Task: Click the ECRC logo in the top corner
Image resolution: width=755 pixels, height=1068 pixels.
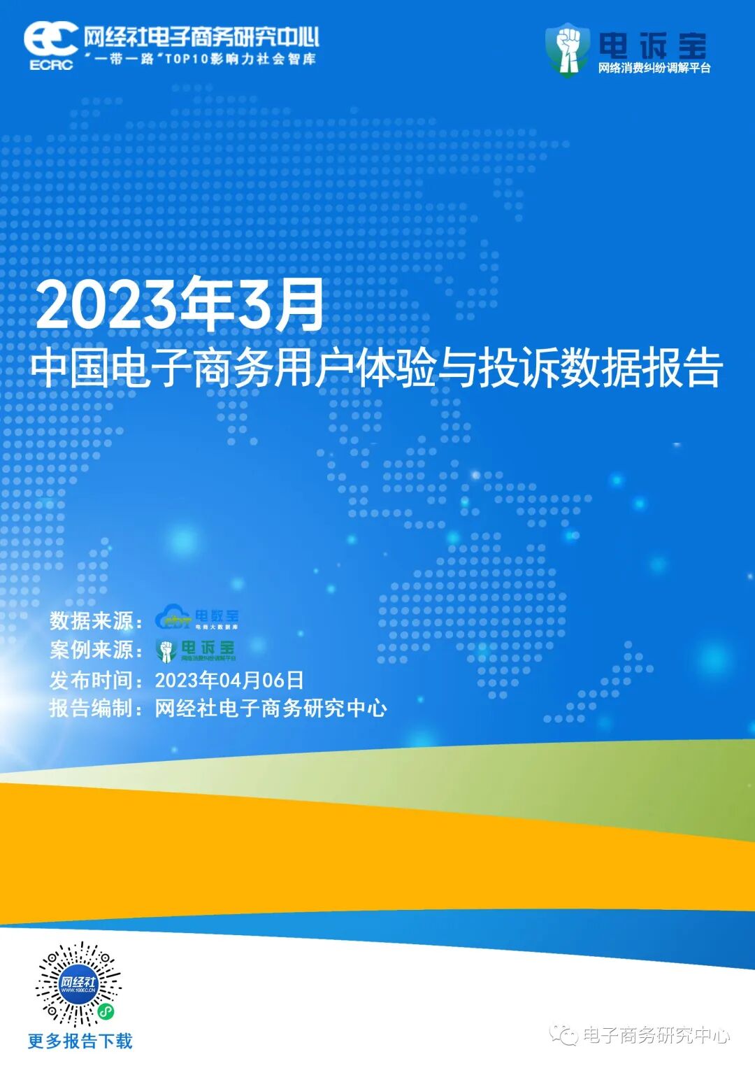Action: pos(50,45)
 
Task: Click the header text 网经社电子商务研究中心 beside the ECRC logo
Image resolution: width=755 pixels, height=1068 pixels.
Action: pos(201,37)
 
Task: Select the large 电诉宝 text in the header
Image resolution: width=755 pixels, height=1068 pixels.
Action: pos(652,45)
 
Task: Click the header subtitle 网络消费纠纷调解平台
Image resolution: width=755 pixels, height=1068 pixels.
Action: pos(654,69)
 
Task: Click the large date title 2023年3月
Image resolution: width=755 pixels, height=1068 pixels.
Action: pos(180,305)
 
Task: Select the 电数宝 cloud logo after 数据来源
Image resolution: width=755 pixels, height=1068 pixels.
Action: pos(197,618)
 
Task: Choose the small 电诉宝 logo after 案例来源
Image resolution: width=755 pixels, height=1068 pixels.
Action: pos(196,650)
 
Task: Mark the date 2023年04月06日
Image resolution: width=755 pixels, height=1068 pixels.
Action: pos(229,680)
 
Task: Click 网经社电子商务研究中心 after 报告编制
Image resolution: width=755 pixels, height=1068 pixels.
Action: pos(271,709)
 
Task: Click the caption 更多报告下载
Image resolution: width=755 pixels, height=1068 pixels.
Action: pos(80,1041)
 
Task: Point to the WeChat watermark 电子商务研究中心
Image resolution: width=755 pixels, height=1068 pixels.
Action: pos(655,1035)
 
